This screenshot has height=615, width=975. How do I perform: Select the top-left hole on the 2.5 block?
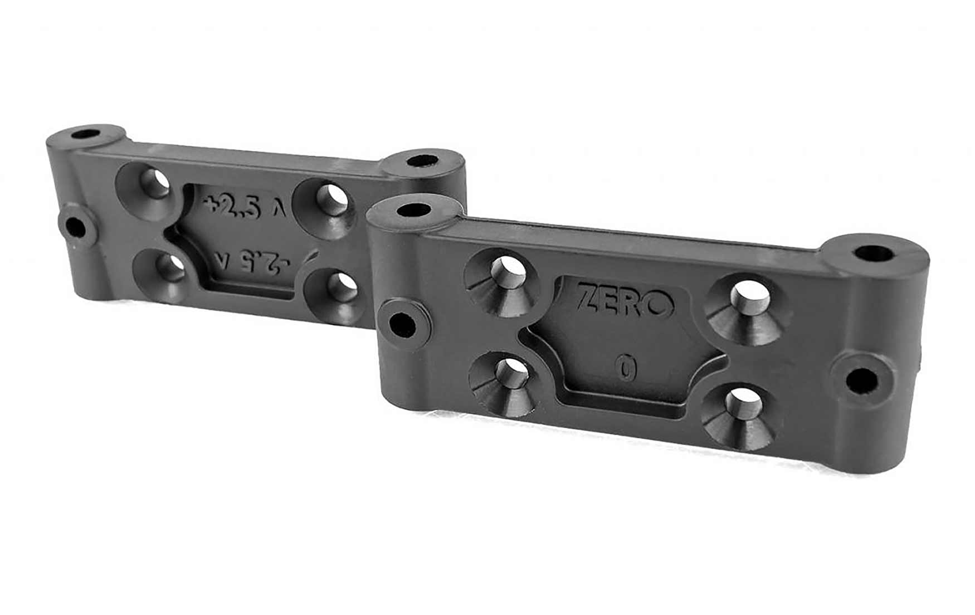point(155,183)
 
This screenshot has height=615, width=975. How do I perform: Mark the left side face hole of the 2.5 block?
point(74,226)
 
